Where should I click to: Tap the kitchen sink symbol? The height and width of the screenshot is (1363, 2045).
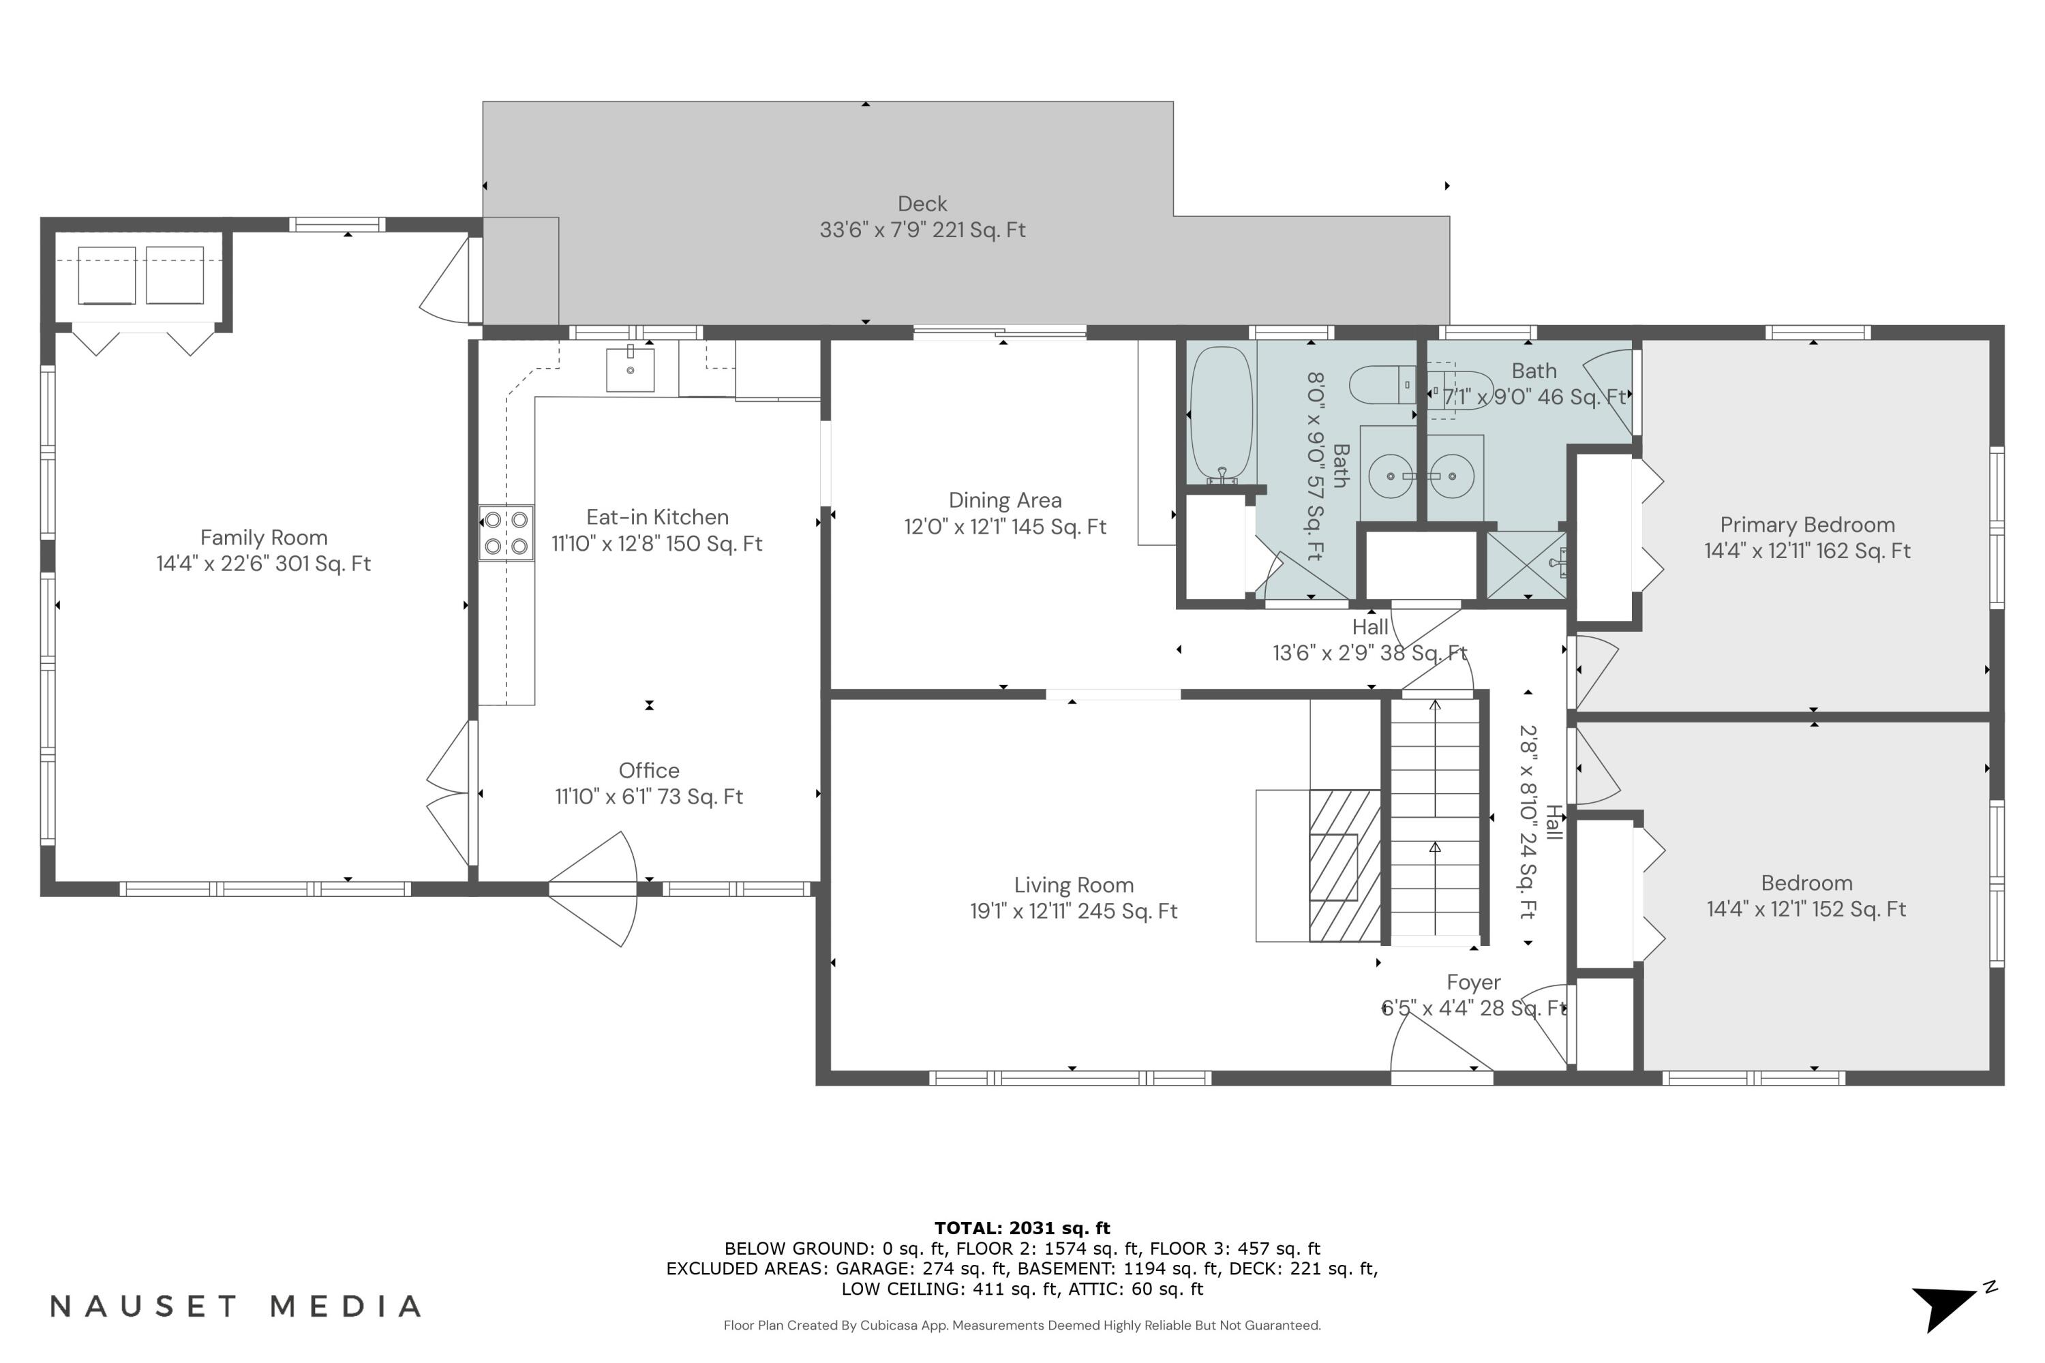point(631,370)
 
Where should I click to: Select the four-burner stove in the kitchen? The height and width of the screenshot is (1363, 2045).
point(506,533)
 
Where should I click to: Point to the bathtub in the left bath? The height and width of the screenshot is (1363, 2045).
point(1221,414)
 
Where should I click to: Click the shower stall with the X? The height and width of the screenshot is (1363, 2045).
point(1526,565)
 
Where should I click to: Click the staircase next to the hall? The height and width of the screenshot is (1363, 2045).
point(1435,817)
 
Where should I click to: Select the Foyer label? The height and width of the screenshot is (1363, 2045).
point(1473,982)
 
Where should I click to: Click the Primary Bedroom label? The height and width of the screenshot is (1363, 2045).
point(1807,525)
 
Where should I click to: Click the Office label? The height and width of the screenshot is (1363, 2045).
point(649,770)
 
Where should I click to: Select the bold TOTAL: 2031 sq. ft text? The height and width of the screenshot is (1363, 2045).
point(1022,1228)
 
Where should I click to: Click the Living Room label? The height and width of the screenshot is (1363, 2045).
point(1074,885)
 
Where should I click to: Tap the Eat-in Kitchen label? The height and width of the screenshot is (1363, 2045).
point(657,517)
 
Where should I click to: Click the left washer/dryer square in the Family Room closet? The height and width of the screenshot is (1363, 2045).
point(107,275)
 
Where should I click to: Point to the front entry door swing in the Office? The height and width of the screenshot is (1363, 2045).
point(596,889)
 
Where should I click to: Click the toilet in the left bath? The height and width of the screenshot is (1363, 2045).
point(1382,385)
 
